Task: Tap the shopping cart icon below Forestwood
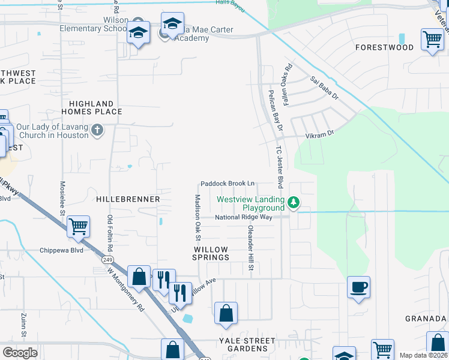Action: tap(432, 40)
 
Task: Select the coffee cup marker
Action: tap(358, 287)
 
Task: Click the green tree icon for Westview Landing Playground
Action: tap(294, 203)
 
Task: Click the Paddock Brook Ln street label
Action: tap(228, 184)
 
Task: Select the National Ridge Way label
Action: tap(244, 217)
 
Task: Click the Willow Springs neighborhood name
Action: tap(211, 253)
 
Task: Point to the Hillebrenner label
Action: tap(127, 199)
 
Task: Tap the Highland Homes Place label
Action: tap(91, 107)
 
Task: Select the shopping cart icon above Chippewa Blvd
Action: tap(79, 227)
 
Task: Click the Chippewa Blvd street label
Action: tap(61, 250)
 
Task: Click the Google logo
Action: tap(20, 352)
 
